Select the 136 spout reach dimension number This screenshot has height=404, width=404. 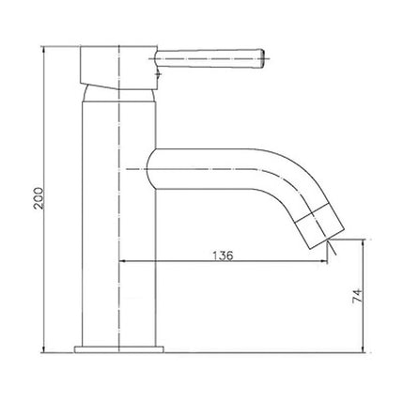point(223,255)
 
